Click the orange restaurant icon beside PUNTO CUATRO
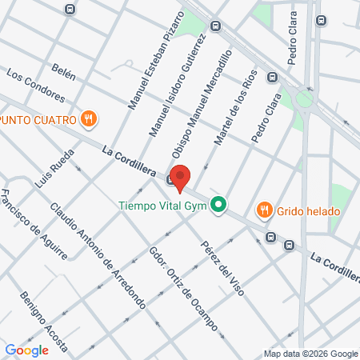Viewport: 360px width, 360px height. pyautogui.click(x=90, y=120)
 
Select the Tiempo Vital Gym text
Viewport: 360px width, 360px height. pyautogui.click(x=162, y=206)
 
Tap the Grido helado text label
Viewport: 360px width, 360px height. pyautogui.click(x=310, y=212)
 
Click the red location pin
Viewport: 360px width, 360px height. pyautogui.click(x=181, y=177)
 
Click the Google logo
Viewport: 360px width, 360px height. pyautogui.click(x=27, y=350)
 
